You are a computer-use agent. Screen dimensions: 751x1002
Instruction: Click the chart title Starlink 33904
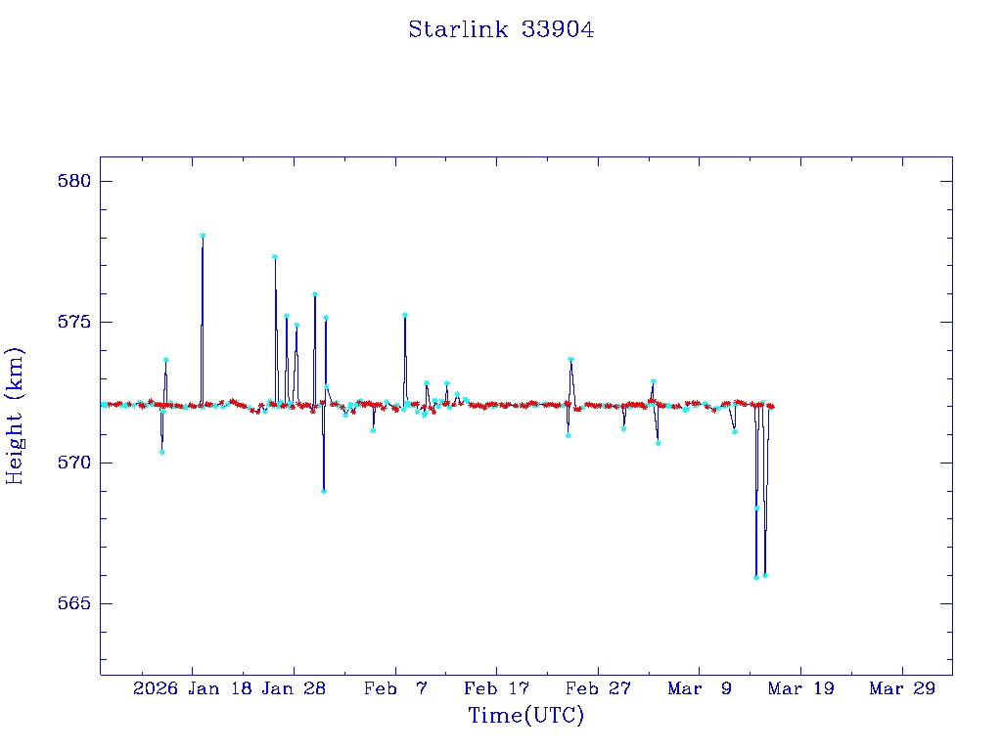[x=501, y=29]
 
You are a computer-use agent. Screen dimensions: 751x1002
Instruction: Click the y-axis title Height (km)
[x=15, y=416]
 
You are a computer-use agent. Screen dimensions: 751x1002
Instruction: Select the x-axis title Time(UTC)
[x=525, y=716]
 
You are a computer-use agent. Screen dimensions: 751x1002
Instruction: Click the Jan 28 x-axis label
[x=294, y=688]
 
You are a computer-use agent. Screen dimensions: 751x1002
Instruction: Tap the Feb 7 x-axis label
[x=395, y=688]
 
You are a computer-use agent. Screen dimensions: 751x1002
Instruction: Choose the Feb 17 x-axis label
[x=497, y=688]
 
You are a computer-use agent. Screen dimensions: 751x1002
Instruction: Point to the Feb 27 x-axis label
[x=598, y=688]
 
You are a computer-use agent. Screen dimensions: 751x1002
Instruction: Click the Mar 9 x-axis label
[x=700, y=688]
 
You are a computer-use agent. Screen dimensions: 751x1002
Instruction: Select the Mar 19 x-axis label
[x=800, y=688]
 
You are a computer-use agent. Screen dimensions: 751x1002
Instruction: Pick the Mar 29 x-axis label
[x=902, y=688]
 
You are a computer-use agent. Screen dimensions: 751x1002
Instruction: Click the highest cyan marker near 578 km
[x=203, y=236]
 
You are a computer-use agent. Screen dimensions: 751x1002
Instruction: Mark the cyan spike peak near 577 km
[x=275, y=257]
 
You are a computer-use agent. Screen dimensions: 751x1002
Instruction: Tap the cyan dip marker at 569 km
[x=324, y=491]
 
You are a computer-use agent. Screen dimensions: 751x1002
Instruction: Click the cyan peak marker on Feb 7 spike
[x=404, y=315]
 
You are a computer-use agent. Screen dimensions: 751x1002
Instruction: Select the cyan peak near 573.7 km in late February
[x=570, y=360]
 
